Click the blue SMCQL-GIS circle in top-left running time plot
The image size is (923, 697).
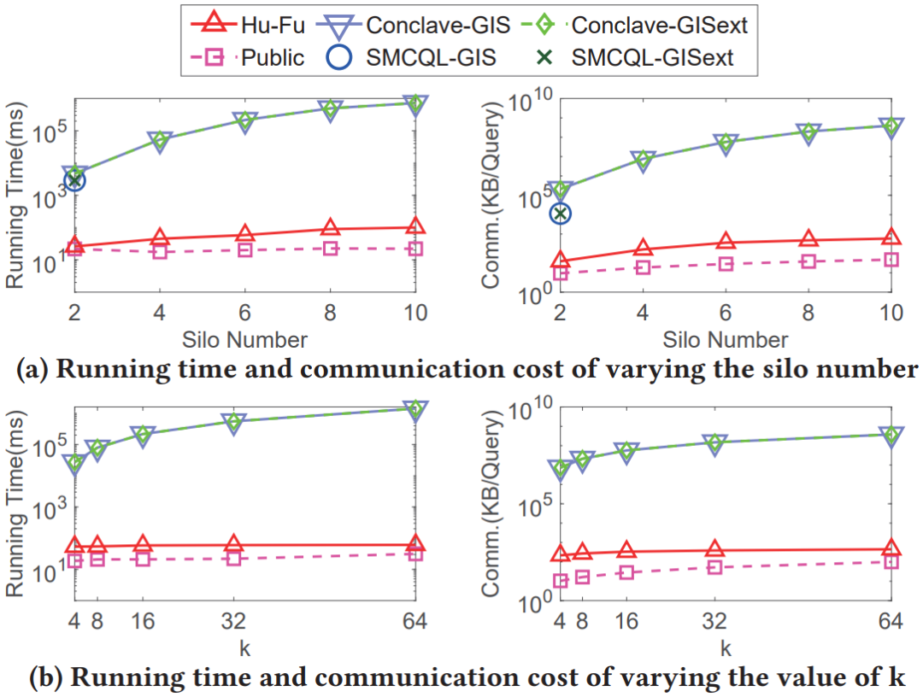75,179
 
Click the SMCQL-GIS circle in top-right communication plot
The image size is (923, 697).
560,213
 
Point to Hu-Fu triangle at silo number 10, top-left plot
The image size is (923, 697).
414,226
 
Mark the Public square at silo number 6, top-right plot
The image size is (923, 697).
726,264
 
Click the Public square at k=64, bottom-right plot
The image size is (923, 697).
891,561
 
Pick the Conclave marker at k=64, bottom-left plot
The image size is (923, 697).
414,410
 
